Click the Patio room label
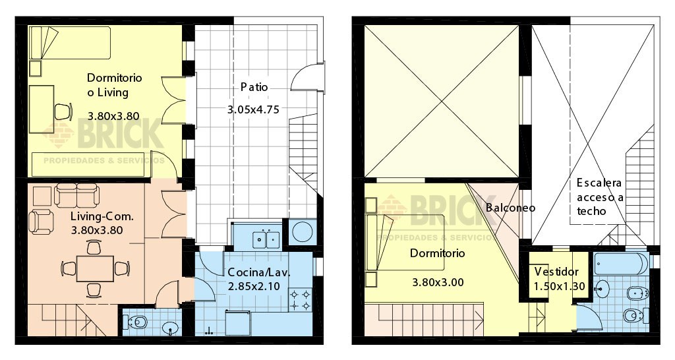tap(254, 87)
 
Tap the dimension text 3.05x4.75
tap(254, 110)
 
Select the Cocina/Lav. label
tap(259, 272)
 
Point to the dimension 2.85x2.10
tap(254, 286)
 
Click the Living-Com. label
tap(102, 216)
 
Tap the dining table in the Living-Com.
tap(93, 268)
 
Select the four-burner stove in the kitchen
tap(301, 301)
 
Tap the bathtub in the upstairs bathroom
tap(620, 264)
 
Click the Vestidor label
tap(556, 272)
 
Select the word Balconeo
tap(510, 207)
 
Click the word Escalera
tap(599, 183)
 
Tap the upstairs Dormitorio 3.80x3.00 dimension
tap(438, 282)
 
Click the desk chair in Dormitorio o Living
tap(63, 111)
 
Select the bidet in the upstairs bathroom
tap(634, 293)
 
